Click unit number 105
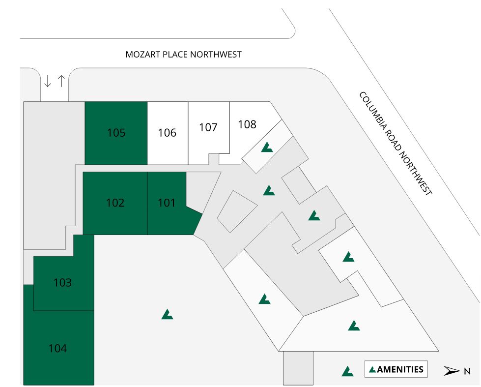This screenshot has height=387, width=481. (x=116, y=133)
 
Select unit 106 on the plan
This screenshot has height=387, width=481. (x=167, y=133)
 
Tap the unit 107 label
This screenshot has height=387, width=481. (x=208, y=127)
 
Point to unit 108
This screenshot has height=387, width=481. (x=247, y=124)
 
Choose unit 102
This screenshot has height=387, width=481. (x=115, y=203)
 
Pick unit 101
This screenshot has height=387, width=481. (x=167, y=203)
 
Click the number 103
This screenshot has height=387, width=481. (x=62, y=283)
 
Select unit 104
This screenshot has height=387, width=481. (x=57, y=349)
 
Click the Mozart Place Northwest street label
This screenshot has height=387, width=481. (x=183, y=54)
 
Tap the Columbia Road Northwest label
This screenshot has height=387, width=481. (x=396, y=143)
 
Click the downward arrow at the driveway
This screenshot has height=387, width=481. (x=48, y=81)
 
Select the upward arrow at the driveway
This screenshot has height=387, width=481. (x=61, y=81)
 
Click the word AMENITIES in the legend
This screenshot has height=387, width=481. (x=400, y=369)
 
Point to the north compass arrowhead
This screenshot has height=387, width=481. (x=452, y=371)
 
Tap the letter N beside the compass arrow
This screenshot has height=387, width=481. (x=467, y=371)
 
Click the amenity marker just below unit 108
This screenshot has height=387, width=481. (x=267, y=147)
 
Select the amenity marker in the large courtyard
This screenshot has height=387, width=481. (x=167, y=314)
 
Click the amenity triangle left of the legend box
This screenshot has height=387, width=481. (x=347, y=371)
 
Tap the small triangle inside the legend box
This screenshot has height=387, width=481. (x=372, y=369)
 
